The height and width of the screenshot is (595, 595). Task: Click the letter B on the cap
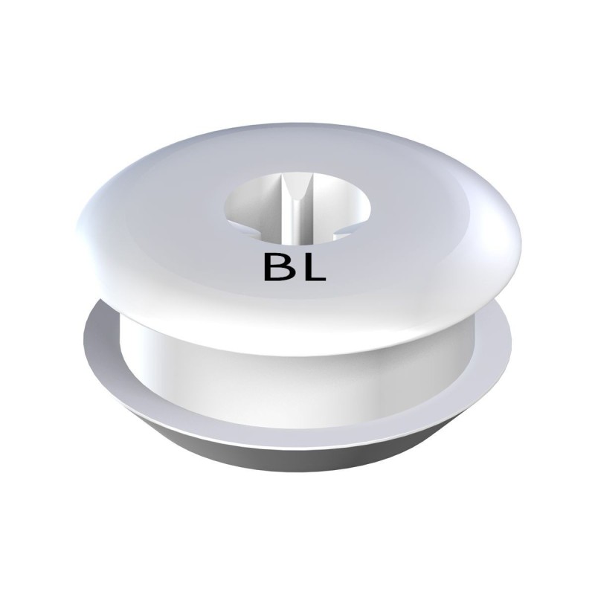(x=277, y=268)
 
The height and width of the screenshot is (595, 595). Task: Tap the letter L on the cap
(x=313, y=268)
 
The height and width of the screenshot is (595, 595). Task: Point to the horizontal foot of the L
(x=315, y=280)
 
